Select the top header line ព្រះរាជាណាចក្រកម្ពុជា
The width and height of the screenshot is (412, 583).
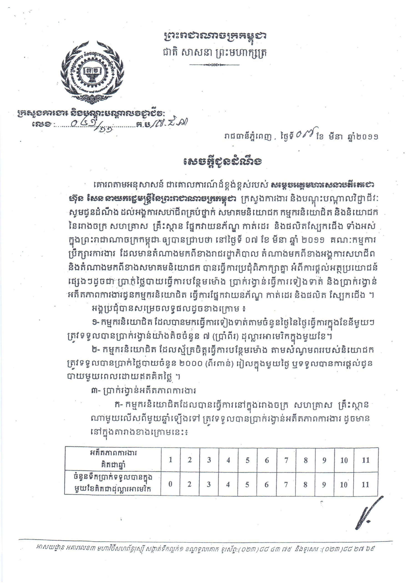(214, 37)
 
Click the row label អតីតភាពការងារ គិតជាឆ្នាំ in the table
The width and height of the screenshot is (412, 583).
(113, 459)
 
